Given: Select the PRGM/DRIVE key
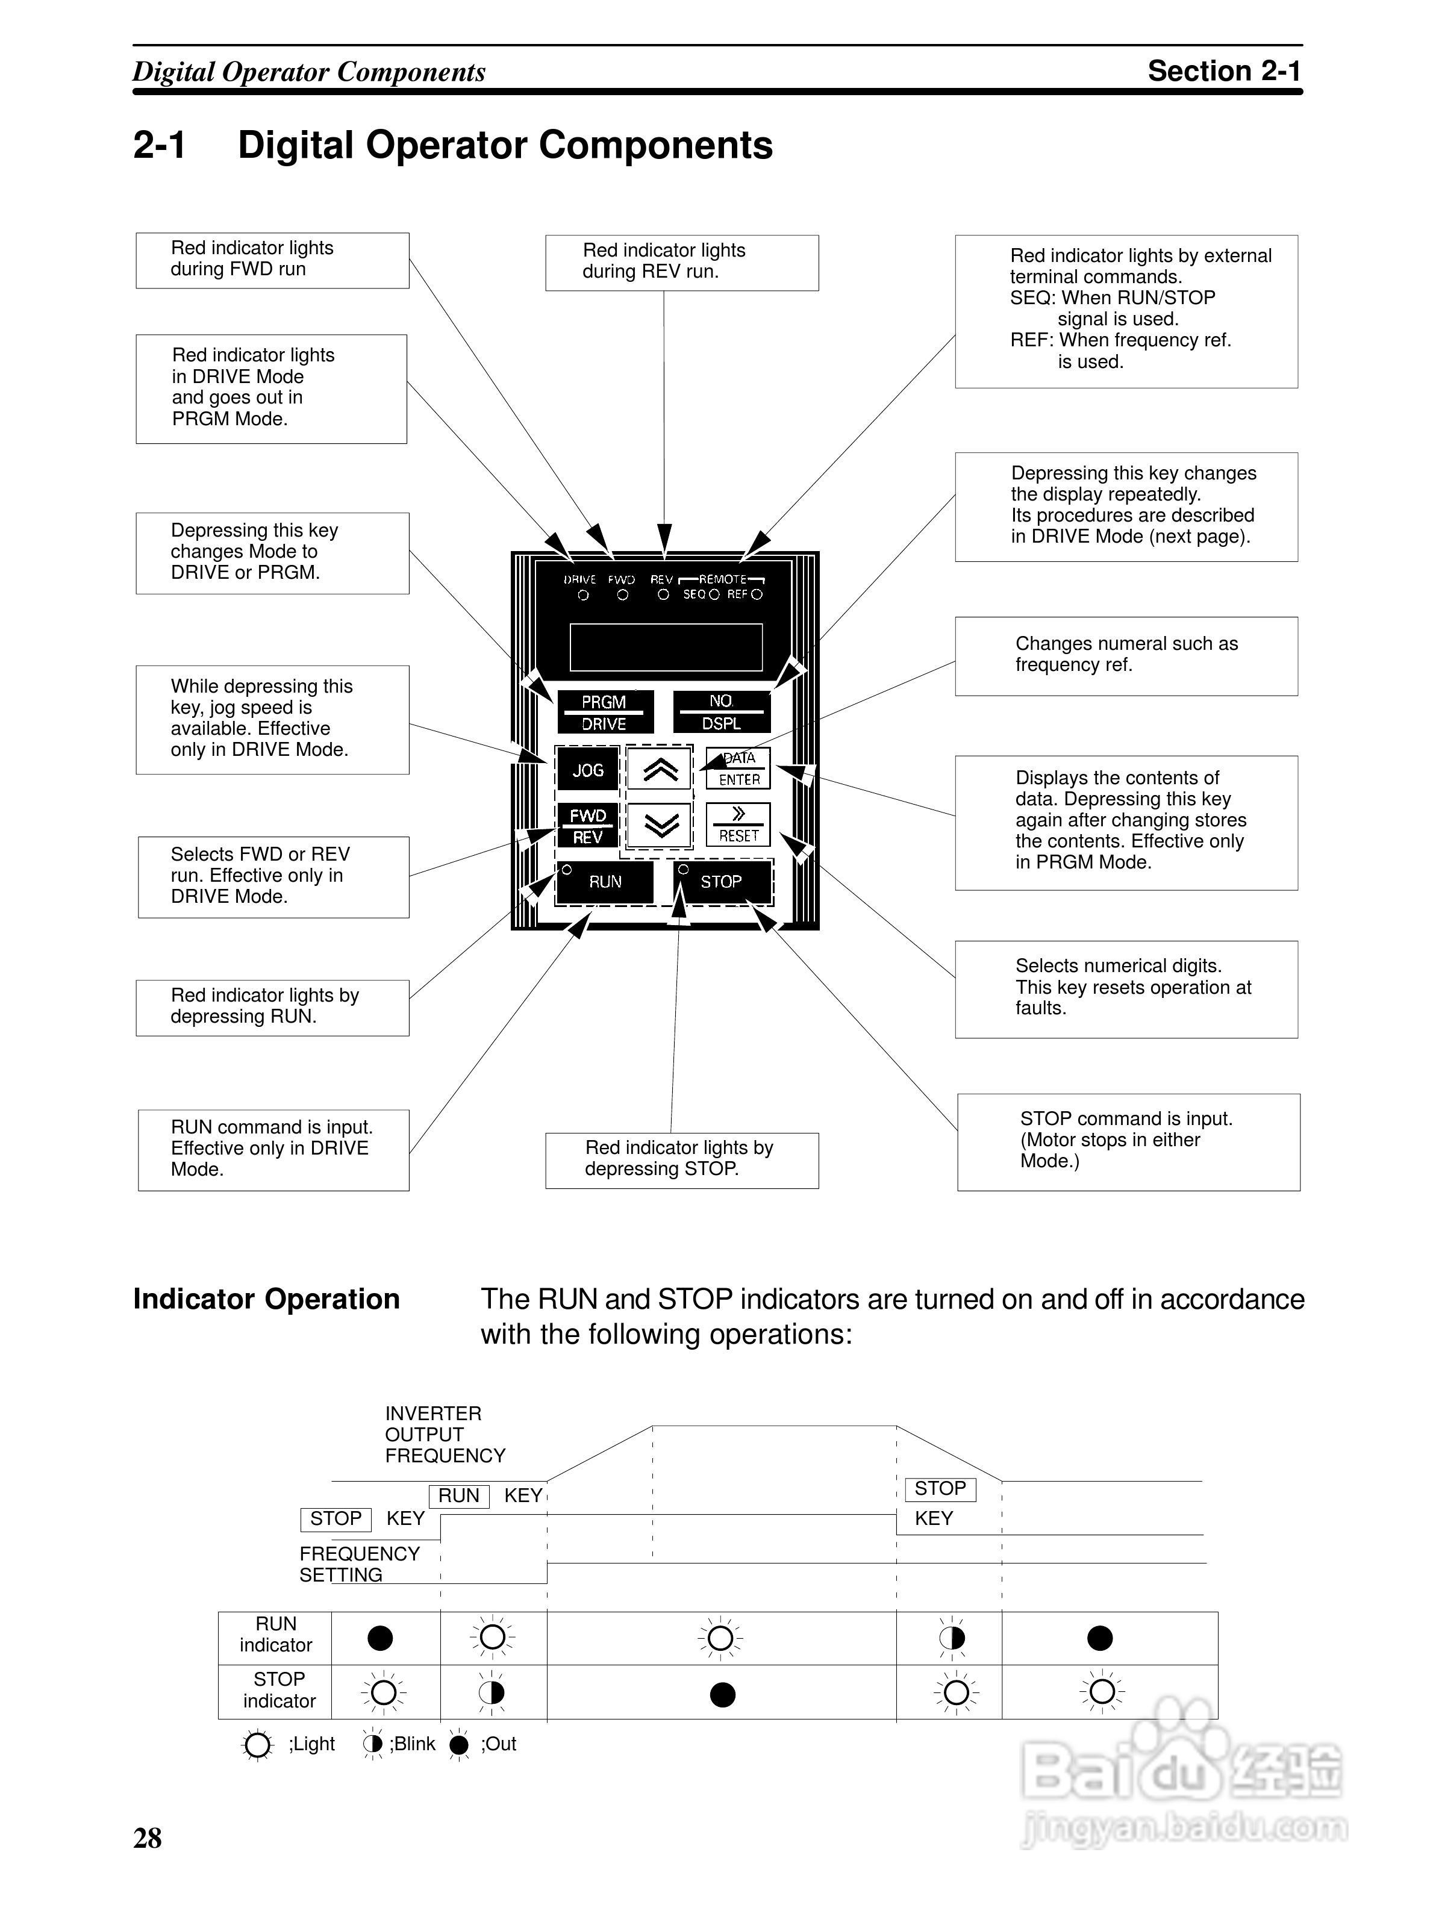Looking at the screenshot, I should pos(604,712).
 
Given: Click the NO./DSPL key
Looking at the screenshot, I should pos(721,712).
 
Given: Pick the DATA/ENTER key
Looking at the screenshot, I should pos(738,768).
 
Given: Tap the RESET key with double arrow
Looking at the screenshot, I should pos(738,825).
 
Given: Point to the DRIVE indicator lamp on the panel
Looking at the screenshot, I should pos(584,595).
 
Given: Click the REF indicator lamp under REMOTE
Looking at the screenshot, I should pos(757,594).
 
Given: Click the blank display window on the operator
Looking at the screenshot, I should pos(666,647).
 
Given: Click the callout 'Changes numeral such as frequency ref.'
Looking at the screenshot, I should pos(1126,655).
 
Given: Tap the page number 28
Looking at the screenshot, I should pos(148,1838).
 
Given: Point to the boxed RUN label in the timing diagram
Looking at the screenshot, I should pos(459,1495).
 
